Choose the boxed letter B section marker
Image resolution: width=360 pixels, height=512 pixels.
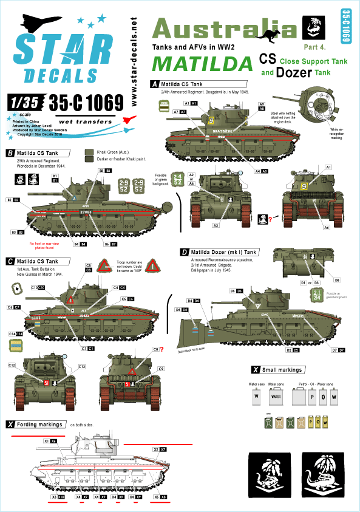(x=9, y=153)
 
